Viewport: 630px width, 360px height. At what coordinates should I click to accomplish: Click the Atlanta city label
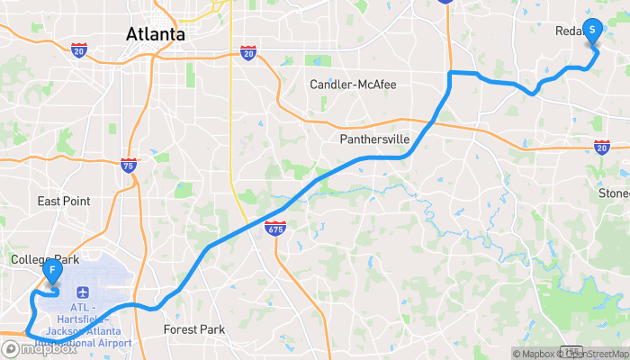[156, 35]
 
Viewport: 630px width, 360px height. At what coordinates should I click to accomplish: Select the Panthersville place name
[374, 139]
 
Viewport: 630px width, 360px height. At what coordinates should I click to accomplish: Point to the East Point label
[64, 201]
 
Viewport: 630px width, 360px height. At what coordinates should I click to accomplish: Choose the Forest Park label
[193, 329]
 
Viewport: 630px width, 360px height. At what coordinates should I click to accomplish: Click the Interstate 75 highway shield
[128, 165]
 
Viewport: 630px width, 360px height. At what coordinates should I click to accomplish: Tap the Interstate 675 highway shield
[275, 229]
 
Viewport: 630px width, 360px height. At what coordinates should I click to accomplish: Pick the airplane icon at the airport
[82, 292]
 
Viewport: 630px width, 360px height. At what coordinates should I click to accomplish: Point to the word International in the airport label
[75, 343]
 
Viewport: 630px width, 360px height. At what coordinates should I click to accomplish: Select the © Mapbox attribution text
[535, 353]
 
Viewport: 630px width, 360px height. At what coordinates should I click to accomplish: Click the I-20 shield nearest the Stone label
[601, 146]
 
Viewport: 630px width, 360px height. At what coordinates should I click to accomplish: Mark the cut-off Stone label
[614, 193]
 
